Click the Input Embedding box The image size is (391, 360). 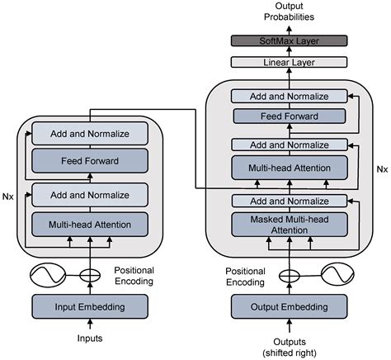click(90, 308)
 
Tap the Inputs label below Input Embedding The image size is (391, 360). click(90, 339)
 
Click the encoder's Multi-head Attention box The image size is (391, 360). click(90, 224)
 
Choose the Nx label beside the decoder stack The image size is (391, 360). click(381, 168)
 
